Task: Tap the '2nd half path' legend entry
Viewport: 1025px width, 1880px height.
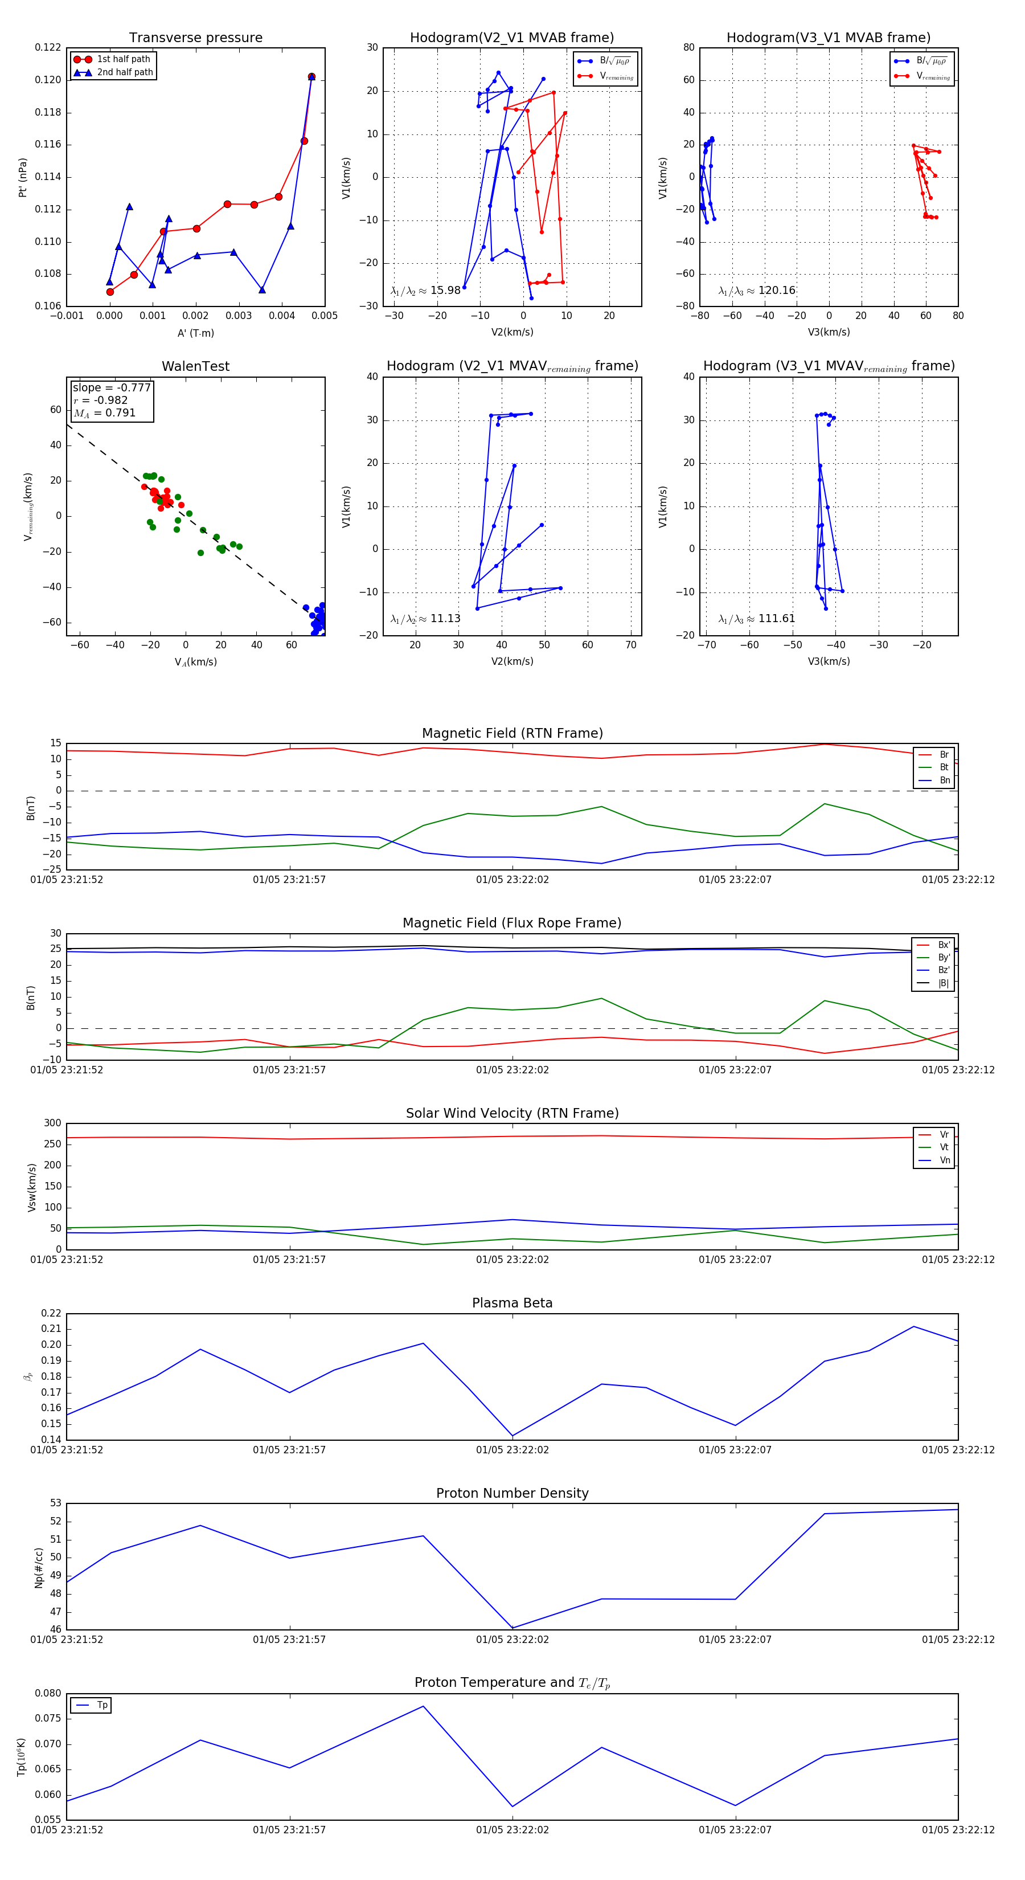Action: click(x=125, y=72)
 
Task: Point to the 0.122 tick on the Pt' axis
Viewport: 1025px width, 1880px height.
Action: click(x=48, y=47)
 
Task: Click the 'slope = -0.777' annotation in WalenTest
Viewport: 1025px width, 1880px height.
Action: click(x=112, y=387)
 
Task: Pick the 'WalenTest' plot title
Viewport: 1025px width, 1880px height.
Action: click(x=195, y=366)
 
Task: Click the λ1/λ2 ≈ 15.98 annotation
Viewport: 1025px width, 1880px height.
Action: click(x=425, y=291)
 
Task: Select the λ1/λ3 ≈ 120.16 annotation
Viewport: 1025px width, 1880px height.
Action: click(x=757, y=291)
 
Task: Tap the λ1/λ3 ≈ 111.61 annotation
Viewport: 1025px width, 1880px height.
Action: click(x=757, y=619)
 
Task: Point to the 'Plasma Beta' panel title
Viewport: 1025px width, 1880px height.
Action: click(x=512, y=1303)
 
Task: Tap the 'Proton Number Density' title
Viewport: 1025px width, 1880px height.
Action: click(x=512, y=1493)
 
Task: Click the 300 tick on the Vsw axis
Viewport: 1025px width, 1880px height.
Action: click(x=52, y=1123)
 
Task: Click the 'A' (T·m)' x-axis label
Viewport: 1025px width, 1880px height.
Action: click(x=195, y=333)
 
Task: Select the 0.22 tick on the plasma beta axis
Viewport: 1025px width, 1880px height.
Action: click(x=51, y=1313)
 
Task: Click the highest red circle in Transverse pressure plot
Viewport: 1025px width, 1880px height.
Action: click(x=311, y=77)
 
